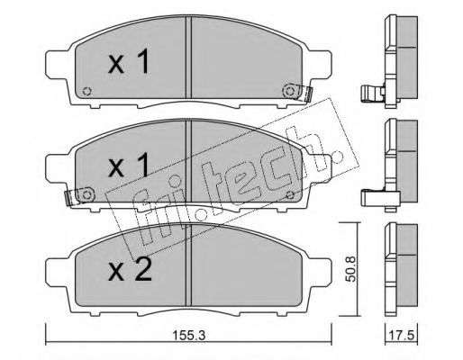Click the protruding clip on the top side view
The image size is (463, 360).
click(369, 93)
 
